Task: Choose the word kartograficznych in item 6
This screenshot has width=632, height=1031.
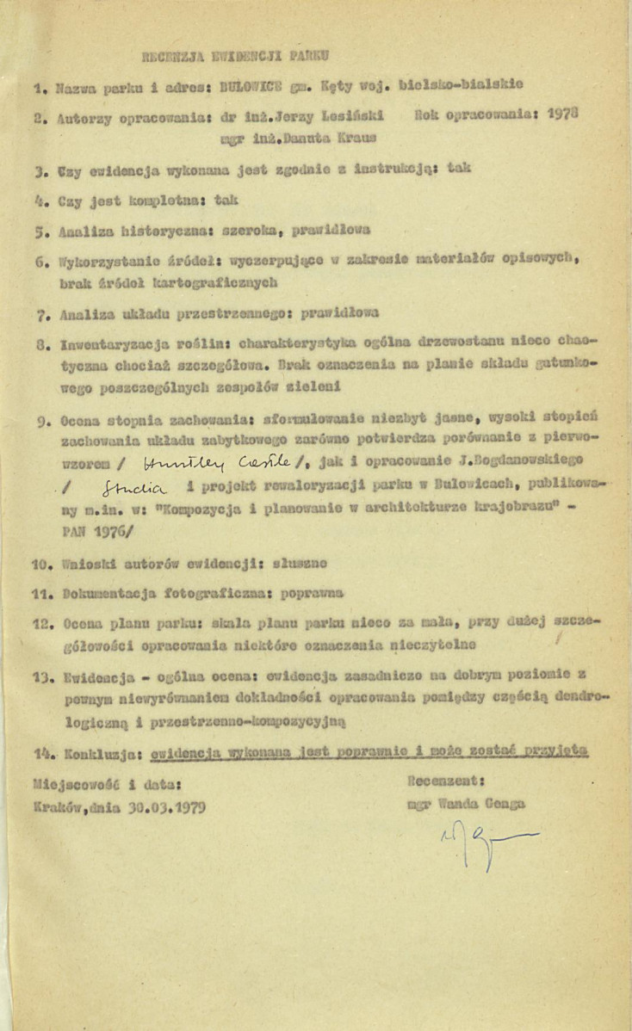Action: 214,281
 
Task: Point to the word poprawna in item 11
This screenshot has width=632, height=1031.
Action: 313,592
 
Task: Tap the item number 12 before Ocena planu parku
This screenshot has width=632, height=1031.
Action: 41,620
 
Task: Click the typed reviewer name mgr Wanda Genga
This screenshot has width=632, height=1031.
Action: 464,806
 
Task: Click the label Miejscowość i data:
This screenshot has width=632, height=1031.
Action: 105,784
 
